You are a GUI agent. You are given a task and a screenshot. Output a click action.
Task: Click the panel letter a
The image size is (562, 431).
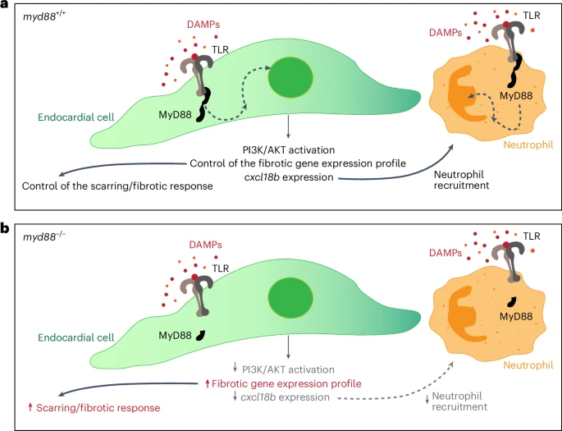click(4, 6)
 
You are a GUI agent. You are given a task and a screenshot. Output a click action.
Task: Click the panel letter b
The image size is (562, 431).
click(5, 228)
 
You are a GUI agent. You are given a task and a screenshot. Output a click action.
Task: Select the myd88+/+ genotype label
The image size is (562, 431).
click(44, 17)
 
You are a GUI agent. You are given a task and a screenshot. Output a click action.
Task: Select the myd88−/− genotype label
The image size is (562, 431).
click(44, 236)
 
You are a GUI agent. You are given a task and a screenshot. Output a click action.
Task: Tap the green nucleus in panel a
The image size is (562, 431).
click(290, 77)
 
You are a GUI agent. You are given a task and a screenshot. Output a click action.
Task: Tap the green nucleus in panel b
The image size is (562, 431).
click(290, 298)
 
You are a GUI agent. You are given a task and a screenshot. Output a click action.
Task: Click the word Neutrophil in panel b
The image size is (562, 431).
click(528, 365)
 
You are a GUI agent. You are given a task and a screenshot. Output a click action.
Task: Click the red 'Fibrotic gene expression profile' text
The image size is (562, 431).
click(286, 383)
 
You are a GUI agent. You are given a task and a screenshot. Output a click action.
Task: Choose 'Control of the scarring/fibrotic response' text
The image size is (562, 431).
click(117, 186)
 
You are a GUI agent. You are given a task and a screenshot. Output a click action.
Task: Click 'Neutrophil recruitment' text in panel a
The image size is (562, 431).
click(461, 180)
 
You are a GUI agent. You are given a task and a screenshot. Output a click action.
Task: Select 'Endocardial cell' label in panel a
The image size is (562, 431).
click(76, 117)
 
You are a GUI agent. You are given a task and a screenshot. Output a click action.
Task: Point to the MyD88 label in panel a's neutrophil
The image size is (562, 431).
click(516, 96)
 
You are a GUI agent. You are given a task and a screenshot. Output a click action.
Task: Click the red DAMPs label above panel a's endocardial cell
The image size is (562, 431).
click(203, 25)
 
